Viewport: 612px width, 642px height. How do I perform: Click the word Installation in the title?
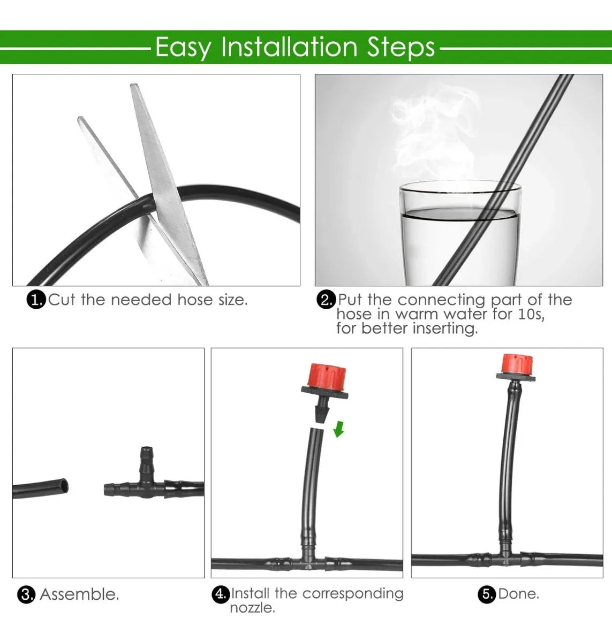289,47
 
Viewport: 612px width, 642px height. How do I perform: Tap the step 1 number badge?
36,300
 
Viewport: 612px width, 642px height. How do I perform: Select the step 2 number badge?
326,300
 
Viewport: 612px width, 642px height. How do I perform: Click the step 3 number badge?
26,594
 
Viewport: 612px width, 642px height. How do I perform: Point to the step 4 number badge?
221,594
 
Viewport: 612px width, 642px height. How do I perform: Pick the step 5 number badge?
486,594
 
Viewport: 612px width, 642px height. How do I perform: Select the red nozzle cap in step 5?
517,364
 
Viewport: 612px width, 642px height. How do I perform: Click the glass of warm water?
459,235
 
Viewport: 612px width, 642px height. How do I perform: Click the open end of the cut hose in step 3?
64,486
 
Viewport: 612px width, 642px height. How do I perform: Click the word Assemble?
79,594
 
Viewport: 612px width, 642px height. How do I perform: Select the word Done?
518,594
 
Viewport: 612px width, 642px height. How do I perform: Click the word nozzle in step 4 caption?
252,608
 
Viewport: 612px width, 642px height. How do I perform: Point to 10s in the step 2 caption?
531,314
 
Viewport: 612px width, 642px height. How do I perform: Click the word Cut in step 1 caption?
62,300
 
